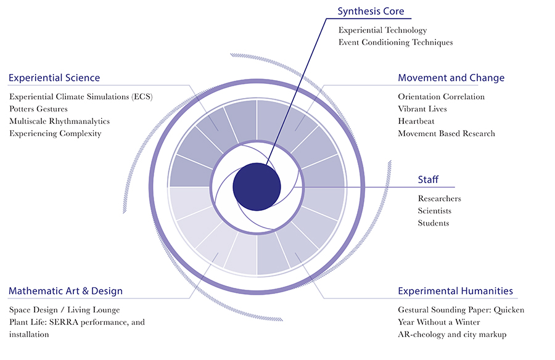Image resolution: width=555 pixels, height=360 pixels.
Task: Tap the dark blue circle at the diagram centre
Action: point(257,187)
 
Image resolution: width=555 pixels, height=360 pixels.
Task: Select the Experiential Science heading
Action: point(54,78)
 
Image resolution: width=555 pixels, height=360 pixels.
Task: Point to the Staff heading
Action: point(428,179)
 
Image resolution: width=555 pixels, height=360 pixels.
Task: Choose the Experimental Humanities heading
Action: point(455,291)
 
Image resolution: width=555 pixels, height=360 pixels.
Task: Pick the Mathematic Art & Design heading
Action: point(65,291)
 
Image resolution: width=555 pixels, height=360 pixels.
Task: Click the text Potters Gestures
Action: point(38,109)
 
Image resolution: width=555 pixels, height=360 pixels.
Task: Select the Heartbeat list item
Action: point(416,121)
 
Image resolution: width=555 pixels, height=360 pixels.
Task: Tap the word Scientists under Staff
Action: point(434,211)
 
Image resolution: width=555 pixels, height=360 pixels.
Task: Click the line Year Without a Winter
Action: point(438,322)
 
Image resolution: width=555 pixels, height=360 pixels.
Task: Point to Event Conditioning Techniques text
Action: point(395,43)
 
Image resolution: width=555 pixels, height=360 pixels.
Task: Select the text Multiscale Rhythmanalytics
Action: point(59,121)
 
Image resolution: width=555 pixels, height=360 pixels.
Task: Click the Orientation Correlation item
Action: point(441,97)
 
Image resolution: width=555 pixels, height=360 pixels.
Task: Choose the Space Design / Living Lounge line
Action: point(64,309)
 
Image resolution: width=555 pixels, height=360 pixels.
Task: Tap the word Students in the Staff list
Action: point(433,223)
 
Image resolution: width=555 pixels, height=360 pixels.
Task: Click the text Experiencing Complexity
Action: point(55,134)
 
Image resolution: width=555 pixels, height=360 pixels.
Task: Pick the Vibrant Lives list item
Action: point(422,109)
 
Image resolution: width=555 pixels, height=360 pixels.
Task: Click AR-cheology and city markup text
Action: point(452,334)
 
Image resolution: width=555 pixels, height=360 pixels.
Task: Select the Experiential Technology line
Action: point(382,30)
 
